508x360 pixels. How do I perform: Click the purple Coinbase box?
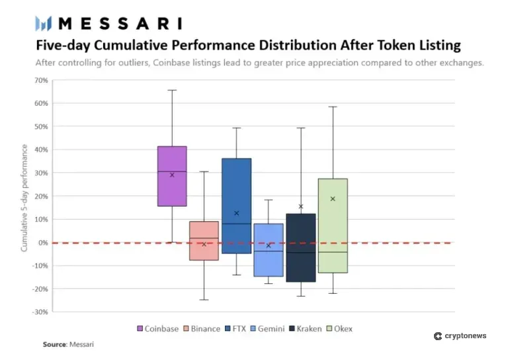(172, 176)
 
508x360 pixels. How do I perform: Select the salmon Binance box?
(204, 240)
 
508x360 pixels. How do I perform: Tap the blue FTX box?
(236, 206)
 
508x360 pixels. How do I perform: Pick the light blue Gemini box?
(269, 249)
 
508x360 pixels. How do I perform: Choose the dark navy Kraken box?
(300, 247)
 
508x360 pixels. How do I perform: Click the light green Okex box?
(333, 226)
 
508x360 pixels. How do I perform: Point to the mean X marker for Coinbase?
(172, 175)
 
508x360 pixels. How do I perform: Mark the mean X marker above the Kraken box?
(301, 206)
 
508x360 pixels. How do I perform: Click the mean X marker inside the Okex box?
(333, 199)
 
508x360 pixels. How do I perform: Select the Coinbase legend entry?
(157, 328)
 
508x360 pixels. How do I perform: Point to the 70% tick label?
(40, 80)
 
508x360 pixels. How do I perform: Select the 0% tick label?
(42, 243)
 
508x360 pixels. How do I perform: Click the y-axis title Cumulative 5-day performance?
(24, 197)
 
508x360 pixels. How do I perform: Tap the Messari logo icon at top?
(44, 24)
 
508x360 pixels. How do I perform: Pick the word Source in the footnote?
(54, 345)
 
